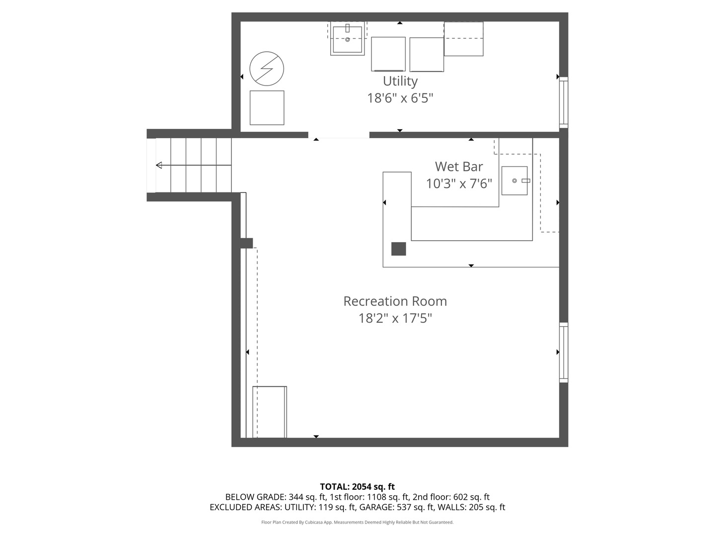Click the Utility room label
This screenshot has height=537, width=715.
pyautogui.click(x=400, y=81)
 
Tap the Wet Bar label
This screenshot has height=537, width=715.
pyautogui.click(x=459, y=167)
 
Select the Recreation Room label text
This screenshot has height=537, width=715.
pyautogui.click(x=395, y=301)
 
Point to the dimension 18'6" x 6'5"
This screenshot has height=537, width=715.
pyautogui.click(x=400, y=98)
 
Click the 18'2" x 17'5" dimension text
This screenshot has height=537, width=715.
pyautogui.click(x=395, y=318)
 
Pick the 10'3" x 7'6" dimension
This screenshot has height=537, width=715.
pyautogui.click(x=459, y=183)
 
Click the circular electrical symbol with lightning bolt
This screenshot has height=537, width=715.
pyautogui.click(x=267, y=69)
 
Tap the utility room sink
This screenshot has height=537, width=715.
pyautogui.click(x=347, y=39)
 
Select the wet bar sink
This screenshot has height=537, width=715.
pyautogui.click(x=515, y=180)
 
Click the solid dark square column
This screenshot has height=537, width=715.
pyautogui.click(x=398, y=249)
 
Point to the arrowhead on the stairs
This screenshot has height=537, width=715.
pyautogui.click(x=159, y=165)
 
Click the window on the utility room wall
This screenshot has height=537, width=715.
pyautogui.click(x=564, y=103)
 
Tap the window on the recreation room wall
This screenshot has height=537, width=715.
pyautogui.click(x=564, y=353)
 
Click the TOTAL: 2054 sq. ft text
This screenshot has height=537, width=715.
pyautogui.click(x=357, y=487)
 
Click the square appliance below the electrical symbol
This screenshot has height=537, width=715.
pyautogui.click(x=267, y=107)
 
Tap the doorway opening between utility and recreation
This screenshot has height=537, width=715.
pyautogui.click(x=339, y=135)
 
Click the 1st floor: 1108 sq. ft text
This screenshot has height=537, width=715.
pyautogui.click(x=369, y=497)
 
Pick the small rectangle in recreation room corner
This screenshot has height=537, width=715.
pyautogui.click(x=270, y=412)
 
